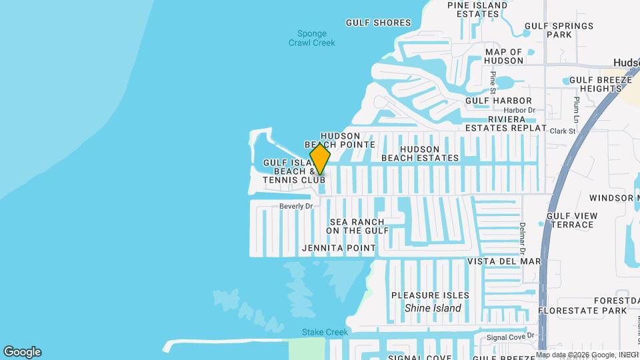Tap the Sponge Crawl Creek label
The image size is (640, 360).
tap(312, 38)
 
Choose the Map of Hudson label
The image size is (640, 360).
tap(504, 56)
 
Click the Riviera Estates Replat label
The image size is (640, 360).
tap(506, 123)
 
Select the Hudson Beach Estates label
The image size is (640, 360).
tap(420, 153)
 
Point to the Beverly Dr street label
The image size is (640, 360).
tap(296, 207)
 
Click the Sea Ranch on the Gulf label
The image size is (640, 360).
tap(357, 226)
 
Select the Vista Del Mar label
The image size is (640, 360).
tap(503, 261)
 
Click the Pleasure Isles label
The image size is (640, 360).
tap(430, 295)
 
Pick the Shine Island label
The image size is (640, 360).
tap(433, 309)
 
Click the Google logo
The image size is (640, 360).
tap(22, 352)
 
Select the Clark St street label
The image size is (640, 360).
tap(563, 131)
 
